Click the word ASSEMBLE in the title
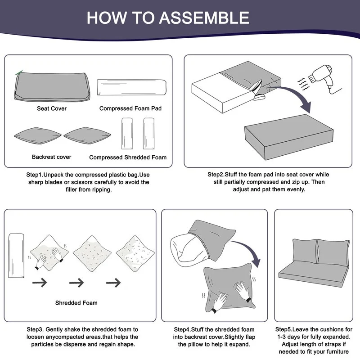(204, 18)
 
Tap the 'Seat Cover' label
(52, 108)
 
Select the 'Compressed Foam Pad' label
(130, 108)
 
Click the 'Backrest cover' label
(51, 157)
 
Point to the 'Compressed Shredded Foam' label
(128, 157)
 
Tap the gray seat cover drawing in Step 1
(52, 86)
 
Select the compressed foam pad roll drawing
(132, 87)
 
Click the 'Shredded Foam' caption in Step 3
(76, 303)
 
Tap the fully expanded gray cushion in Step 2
(289, 137)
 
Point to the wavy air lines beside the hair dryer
(303, 84)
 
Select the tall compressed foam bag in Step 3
(16, 256)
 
